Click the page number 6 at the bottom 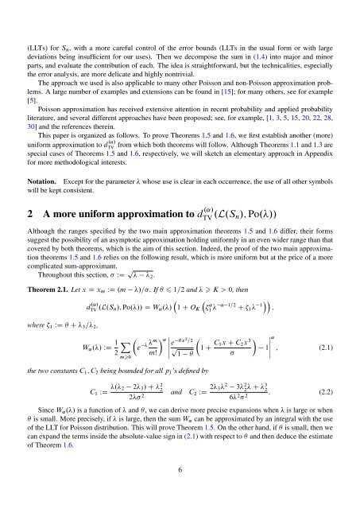[180, 493]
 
